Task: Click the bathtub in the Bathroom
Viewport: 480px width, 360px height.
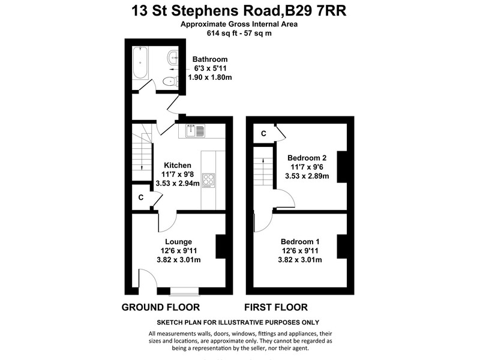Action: click(140, 63)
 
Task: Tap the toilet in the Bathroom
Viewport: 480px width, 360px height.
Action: click(170, 82)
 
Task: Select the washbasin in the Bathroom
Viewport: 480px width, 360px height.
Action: click(173, 57)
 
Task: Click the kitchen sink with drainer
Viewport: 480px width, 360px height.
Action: click(196, 131)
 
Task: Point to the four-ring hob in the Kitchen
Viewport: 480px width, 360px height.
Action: click(208, 181)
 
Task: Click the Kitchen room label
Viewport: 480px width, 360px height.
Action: click(178, 166)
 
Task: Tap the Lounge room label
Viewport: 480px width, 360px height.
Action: click(178, 242)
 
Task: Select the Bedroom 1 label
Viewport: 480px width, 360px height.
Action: click(300, 242)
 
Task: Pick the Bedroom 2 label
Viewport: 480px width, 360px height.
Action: click(307, 158)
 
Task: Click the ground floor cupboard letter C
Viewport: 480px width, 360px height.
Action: click(141, 197)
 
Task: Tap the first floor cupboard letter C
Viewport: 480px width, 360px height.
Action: click(263, 133)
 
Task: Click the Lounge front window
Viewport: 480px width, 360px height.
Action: click(185, 292)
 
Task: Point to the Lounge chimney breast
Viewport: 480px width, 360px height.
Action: click(221, 247)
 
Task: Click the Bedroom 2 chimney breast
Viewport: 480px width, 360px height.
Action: click(342, 167)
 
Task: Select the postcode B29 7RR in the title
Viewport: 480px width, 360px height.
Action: click(316, 11)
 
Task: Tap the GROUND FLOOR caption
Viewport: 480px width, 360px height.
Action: click(161, 307)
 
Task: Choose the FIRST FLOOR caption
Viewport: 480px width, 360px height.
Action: click(276, 307)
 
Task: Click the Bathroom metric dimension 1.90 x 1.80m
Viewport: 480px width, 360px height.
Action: click(210, 77)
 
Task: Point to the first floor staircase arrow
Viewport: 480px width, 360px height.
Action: click(263, 172)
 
